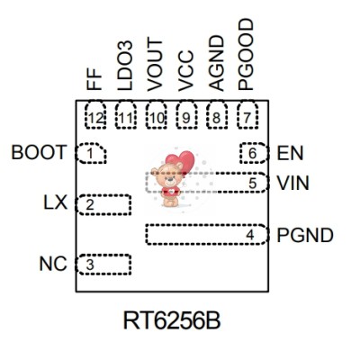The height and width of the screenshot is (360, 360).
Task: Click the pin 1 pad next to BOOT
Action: tap(91, 154)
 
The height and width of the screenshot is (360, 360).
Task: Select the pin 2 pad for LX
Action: tap(104, 204)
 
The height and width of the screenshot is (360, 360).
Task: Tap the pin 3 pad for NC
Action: tap(104, 265)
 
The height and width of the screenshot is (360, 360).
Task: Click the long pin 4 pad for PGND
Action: tap(206, 235)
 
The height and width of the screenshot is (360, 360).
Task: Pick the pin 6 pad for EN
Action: tap(253, 154)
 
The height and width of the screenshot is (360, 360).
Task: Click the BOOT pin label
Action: tap(39, 153)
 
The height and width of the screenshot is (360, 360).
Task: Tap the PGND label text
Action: tap(305, 236)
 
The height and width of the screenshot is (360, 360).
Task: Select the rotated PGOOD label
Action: tap(247, 54)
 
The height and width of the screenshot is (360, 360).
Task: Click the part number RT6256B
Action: tap(171, 319)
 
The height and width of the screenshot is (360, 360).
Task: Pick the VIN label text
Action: tap(292, 183)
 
